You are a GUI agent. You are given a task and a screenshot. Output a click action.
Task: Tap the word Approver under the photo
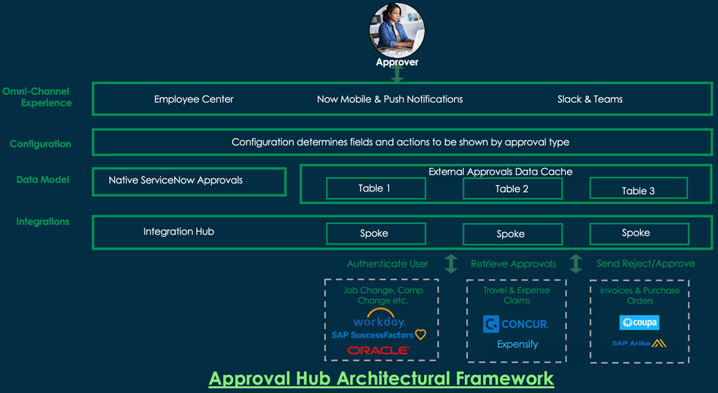[x=397, y=62]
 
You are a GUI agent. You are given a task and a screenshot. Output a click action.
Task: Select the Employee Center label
[x=194, y=99]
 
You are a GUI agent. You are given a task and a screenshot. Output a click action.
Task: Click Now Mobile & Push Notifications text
[x=390, y=99]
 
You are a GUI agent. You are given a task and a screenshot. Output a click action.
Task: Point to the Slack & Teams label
[x=590, y=99]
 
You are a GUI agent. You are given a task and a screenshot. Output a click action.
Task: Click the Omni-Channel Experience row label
[x=37, y=97]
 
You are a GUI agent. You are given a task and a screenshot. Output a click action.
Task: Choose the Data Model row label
[x=43, y=179]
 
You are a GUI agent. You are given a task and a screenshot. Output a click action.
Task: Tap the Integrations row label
[x=43, y=222]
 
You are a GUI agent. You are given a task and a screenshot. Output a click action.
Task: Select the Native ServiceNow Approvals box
[x=189, y=181]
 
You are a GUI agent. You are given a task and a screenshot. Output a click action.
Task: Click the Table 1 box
[x=375, y=189]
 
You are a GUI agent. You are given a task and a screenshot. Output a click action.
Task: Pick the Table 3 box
[x=638, y=190]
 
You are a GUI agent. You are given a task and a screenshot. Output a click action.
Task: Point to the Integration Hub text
[x=179, y=232]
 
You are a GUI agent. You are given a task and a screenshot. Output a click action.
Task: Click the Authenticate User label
[x=387, y=264]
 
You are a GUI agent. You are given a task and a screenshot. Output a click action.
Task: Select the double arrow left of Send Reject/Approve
[x=576, y=263]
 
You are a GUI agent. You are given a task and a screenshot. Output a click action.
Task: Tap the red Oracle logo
[x=379, y=351]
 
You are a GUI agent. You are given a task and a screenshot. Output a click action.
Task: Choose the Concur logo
[x=516, y=324]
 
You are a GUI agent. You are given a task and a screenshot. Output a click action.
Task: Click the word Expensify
[x=517, y=344]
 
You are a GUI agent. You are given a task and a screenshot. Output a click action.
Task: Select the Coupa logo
[x=639, y=322]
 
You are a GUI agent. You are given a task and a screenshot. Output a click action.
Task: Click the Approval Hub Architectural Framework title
[x=381, y=378]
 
